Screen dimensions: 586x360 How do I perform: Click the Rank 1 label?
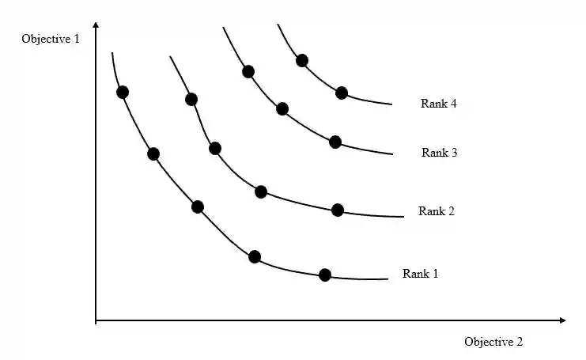tap(420, 274)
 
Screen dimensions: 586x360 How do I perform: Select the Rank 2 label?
tap(437, 211)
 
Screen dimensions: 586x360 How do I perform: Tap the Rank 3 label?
tap(439, 153)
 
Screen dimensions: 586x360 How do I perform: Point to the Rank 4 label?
tap(439, 104)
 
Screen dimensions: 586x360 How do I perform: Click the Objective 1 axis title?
tap(51, 39)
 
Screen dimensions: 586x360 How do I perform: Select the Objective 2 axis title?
tap(493, 342)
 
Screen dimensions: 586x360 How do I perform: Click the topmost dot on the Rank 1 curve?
tap(122, 92)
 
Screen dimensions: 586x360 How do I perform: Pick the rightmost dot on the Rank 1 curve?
tap(324, 275)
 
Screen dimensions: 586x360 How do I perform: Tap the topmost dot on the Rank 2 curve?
tap(191, 99)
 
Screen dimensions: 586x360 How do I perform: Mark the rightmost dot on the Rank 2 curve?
tap(338, 210)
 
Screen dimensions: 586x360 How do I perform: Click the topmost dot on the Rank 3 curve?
tap(248, 71)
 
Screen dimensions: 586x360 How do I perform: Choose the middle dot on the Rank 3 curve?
tap(282, 108)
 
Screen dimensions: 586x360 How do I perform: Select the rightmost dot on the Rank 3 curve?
tap(335, 142)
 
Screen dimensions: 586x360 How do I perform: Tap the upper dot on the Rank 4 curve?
tap(301, 60)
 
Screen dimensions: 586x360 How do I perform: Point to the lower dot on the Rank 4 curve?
tap(342, 93)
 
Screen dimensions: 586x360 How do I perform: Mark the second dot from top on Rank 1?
tap(153, 153)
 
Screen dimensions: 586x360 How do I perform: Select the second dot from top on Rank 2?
tap(215, 148)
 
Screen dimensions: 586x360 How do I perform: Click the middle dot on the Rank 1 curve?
tap(198, 207)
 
